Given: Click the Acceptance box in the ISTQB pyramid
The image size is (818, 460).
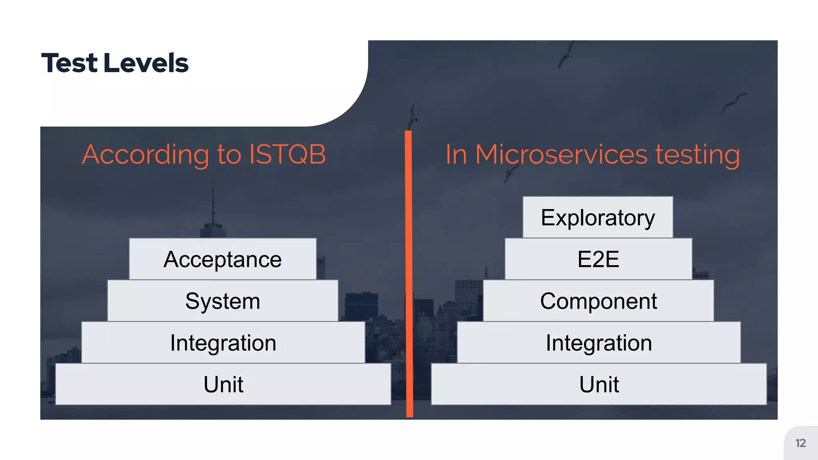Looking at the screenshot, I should coord(222,259).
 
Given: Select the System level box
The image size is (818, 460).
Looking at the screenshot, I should coord(222,301).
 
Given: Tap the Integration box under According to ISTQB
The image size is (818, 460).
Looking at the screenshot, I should coord(223,343).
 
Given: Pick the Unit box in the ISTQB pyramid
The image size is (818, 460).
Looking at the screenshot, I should coord(223,384).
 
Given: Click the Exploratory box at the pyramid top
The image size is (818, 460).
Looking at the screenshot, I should coord(598,218).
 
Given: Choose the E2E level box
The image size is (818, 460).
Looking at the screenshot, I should coord(598,259).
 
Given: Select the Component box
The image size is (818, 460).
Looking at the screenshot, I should coord(598,301).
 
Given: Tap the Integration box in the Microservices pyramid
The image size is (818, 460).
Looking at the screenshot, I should coord(598,343).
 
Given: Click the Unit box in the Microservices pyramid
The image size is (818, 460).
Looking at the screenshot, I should coord(598,384).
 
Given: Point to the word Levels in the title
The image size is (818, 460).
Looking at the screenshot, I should coord(146,63).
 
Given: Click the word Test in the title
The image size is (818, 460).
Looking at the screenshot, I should coord(69,63).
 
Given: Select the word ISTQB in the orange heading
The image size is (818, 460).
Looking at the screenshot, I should coord(287,155).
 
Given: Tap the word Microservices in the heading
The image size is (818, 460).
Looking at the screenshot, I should coord(561,155).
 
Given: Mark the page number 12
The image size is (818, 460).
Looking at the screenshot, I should coord(800,443).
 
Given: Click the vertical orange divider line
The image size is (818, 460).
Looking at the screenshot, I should coord(409,280).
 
